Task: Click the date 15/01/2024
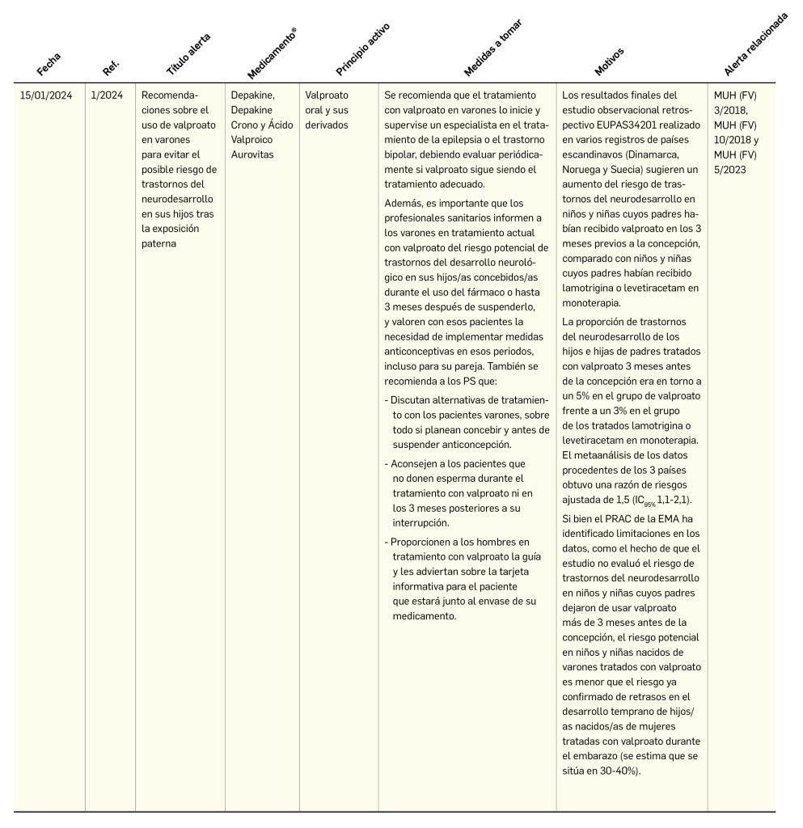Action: pos(46,95)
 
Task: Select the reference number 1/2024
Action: pos(107,95)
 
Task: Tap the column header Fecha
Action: pos(49,64)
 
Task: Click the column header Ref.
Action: pos(112,67)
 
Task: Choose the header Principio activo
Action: pos(363,49)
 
